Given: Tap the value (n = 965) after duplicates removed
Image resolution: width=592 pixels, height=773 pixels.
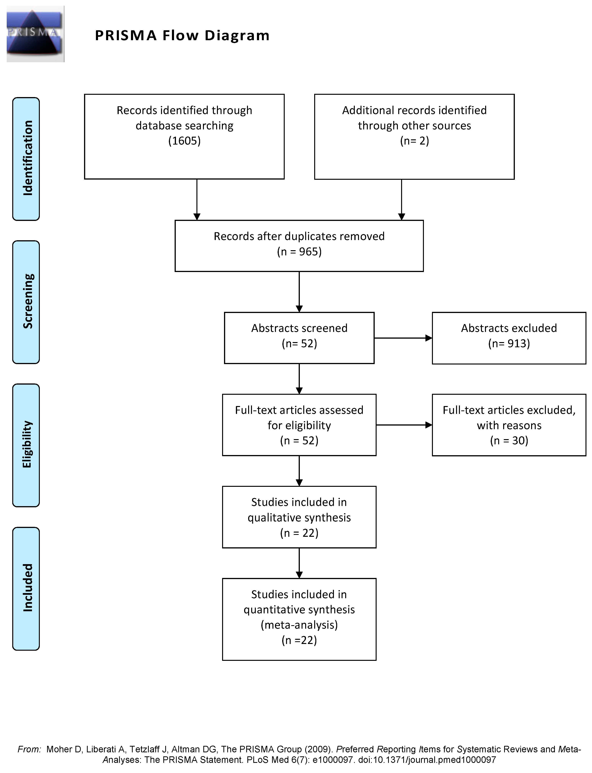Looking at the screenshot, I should tap(299, 252).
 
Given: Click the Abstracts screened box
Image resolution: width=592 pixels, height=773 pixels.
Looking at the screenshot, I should tap(299, 337).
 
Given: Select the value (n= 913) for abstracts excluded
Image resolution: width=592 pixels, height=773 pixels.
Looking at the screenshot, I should tap(509, 343).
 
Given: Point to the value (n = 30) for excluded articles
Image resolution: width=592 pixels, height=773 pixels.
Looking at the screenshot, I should tap(509, 440).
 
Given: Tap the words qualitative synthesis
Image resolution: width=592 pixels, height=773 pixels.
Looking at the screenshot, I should tap(299, 518).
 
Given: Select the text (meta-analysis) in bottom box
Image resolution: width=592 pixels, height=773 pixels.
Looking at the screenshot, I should tap(299, 625).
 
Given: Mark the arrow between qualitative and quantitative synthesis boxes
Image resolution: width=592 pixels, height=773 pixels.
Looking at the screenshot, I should tap(299, 563).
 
